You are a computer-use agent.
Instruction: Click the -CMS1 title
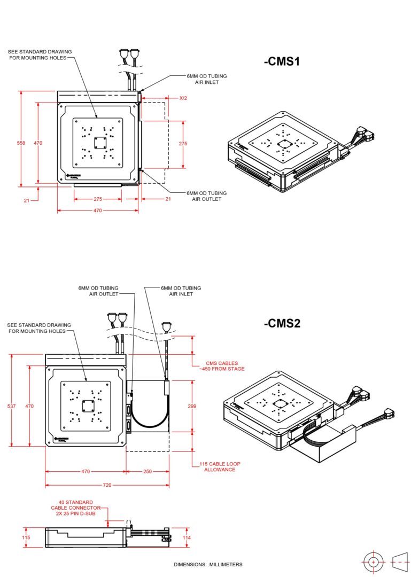coord(282,61)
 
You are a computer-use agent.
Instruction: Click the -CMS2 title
coord(282,323)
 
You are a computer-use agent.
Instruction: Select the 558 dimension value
coord(21,143)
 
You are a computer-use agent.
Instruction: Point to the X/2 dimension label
coord(183,98)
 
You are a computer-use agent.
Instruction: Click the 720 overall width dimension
coord(107,485)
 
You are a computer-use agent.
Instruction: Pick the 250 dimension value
coord(147,472)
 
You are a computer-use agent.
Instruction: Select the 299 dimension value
coord(192,407)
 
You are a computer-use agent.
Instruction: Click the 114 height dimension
coord(187,537)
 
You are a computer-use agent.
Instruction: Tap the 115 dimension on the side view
coord(26,537)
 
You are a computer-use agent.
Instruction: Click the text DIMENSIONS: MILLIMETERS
coord(208,565)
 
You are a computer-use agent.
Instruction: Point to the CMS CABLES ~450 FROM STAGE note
coord(221,366)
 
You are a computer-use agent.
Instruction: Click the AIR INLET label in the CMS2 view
coord(181,291)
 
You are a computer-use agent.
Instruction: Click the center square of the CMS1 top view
coord(98,143)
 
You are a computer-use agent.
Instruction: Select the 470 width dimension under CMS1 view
coord(98,210)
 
